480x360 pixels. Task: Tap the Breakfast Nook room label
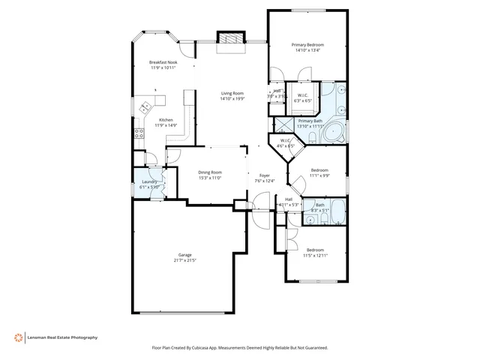163,62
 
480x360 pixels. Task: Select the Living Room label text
232,93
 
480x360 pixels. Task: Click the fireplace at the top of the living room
230,40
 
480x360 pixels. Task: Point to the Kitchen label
166,120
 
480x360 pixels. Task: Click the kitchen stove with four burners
138,135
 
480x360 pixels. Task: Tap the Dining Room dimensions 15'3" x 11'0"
210,178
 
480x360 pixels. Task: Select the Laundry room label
148,181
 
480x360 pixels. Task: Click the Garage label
184,255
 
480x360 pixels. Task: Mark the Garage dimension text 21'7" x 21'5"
184,261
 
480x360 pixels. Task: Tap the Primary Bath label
310,121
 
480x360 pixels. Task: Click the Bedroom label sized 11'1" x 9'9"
320,170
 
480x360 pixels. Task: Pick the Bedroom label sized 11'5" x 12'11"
314,250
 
